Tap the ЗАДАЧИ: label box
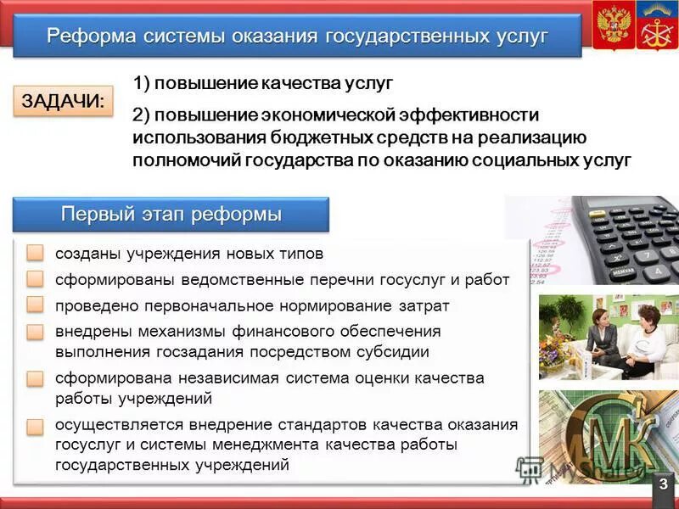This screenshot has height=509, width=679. [63, 101]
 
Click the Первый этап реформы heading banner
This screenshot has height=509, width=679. [171, 215]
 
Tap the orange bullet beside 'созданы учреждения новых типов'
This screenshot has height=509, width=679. [35, 254]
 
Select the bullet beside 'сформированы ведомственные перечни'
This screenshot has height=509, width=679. [35, 280]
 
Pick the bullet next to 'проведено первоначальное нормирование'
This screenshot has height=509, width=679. [35, 305]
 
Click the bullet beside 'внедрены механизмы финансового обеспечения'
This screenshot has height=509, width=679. [35, 332]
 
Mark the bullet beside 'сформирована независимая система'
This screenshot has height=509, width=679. [35, 378]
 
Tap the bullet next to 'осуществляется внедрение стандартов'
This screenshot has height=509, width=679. [35, 426]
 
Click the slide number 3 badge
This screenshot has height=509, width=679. [663, 484]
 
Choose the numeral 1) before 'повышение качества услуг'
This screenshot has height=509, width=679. [142, 83]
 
